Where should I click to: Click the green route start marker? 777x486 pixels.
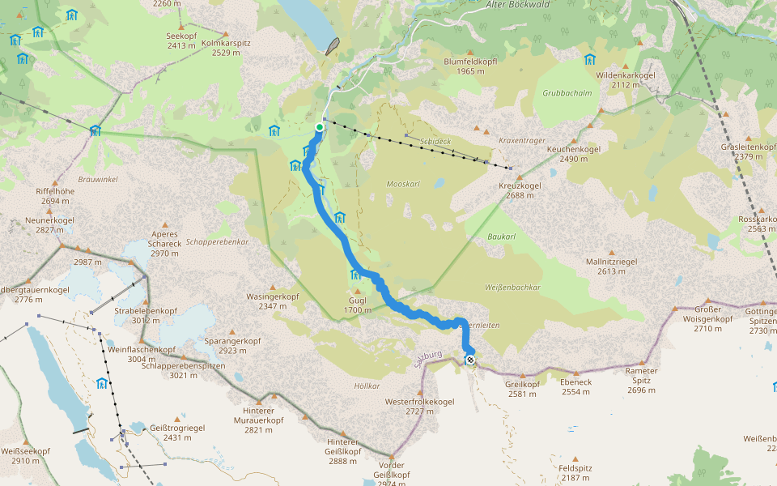click(320, 127)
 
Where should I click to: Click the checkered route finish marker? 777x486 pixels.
click(470, 360)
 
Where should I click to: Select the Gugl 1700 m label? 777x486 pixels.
click(357, 305)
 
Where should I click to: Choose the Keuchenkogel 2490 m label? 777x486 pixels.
click(573, 154)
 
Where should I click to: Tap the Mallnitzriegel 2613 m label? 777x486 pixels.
click(611, 266)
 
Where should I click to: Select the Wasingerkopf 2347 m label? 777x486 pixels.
click(273, 301)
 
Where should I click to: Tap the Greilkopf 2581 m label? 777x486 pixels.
click(522, 389)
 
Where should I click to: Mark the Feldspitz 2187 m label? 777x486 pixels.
click(575, 473)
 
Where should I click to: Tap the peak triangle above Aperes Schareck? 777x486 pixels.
click(165, 224)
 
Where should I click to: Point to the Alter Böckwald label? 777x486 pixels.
click(518, 5)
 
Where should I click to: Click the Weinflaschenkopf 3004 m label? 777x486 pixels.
click(142, 355)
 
